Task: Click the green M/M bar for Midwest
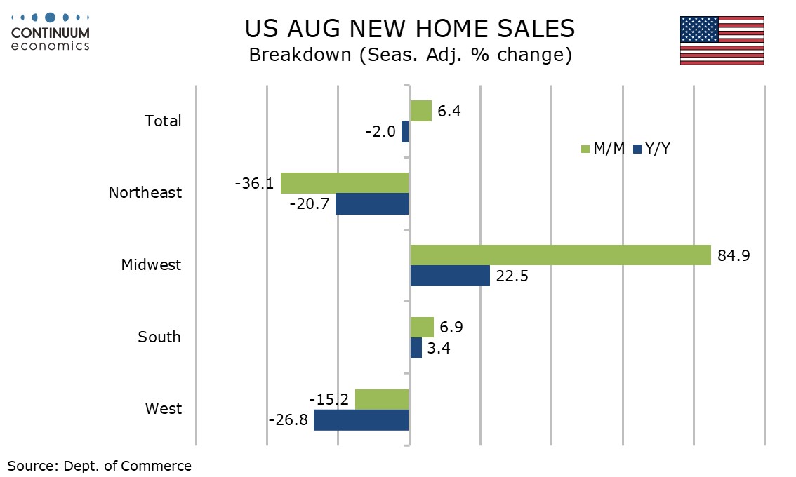click(560, 255)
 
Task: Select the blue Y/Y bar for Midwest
click(450, 276)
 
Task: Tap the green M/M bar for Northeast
click(345, 182)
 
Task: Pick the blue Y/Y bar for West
click(361, 420)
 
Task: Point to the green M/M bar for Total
click(421, 111)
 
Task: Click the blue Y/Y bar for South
click(416, 348)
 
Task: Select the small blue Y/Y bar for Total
click(405, 131)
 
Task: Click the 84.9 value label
click(734, 255)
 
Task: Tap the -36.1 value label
click(254, 183)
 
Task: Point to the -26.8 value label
click(288, 420)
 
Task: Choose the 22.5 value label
click(512, 276)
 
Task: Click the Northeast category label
click(145, 192)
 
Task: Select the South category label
click(159, 337)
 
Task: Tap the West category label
click(164, 408)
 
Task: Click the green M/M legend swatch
click(585, 149)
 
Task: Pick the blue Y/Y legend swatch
click(637, 149)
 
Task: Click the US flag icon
click(722, 41)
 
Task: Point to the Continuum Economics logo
click(51, 32)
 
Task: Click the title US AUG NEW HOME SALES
click(410, 29)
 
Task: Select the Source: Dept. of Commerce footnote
click(100, 466)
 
